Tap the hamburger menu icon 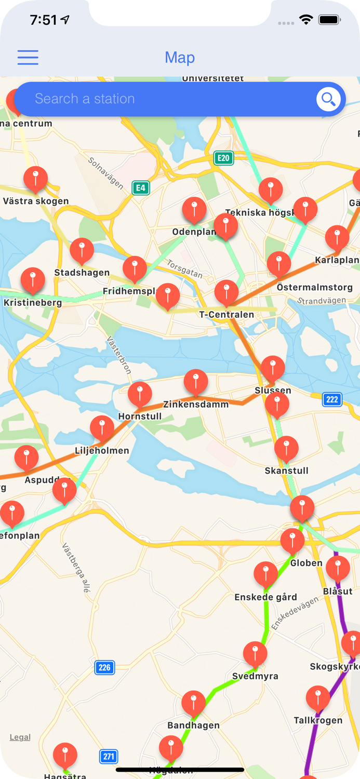point(28,57)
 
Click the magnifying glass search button point(328,99)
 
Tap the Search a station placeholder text point(85,99)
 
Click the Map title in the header point(180,58)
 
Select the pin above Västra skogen point(36,179)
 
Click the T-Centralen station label point(226,314)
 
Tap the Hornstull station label point(140,416)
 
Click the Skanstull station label point(286,471)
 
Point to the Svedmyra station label point(255,676)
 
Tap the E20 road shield point(223,158)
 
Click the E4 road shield point(140,187)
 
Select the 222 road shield point(332,399)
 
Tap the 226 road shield point(104,667)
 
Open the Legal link point(20,737)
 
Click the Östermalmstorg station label point(314,287)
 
